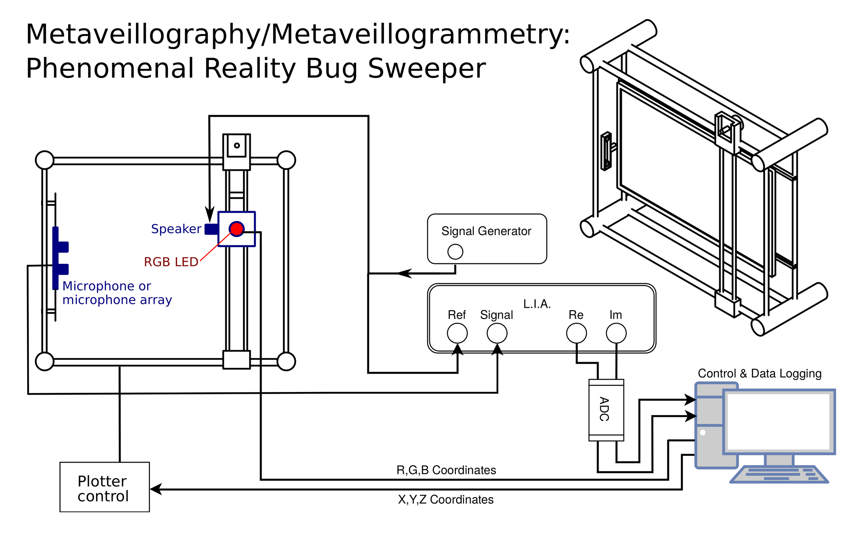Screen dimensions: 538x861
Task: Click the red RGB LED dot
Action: tap(236, 229)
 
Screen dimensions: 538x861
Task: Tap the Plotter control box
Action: tap(104, 487)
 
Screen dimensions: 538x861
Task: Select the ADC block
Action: tap(606, 410)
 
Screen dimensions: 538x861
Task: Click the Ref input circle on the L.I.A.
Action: tap(457, 333)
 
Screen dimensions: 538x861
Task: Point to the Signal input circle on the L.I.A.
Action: tap(497, 333)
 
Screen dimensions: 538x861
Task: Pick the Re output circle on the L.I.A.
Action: tap(576, 333)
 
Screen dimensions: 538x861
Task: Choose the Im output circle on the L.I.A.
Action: tap(616, 333)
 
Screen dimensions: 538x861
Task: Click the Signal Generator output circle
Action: tap(455, 251)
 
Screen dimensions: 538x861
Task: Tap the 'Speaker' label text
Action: tap(176, 229)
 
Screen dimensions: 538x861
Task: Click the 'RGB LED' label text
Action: tap(171, 262)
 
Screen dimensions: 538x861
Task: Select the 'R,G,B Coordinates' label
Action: tap(446, 470)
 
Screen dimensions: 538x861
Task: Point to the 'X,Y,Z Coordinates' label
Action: tap(446, 499)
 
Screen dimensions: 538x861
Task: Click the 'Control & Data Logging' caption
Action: tap(759, 373)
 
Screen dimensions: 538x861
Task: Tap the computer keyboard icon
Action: tap(779, 474)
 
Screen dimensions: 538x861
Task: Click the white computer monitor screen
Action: tap(778, 421)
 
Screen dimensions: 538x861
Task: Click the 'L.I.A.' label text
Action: tap(537, 304)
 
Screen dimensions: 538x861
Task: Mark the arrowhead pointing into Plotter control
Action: tap(156, 489)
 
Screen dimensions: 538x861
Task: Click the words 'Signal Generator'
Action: tap(486, 231)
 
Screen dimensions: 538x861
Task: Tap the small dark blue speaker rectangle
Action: tap(211, 229)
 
